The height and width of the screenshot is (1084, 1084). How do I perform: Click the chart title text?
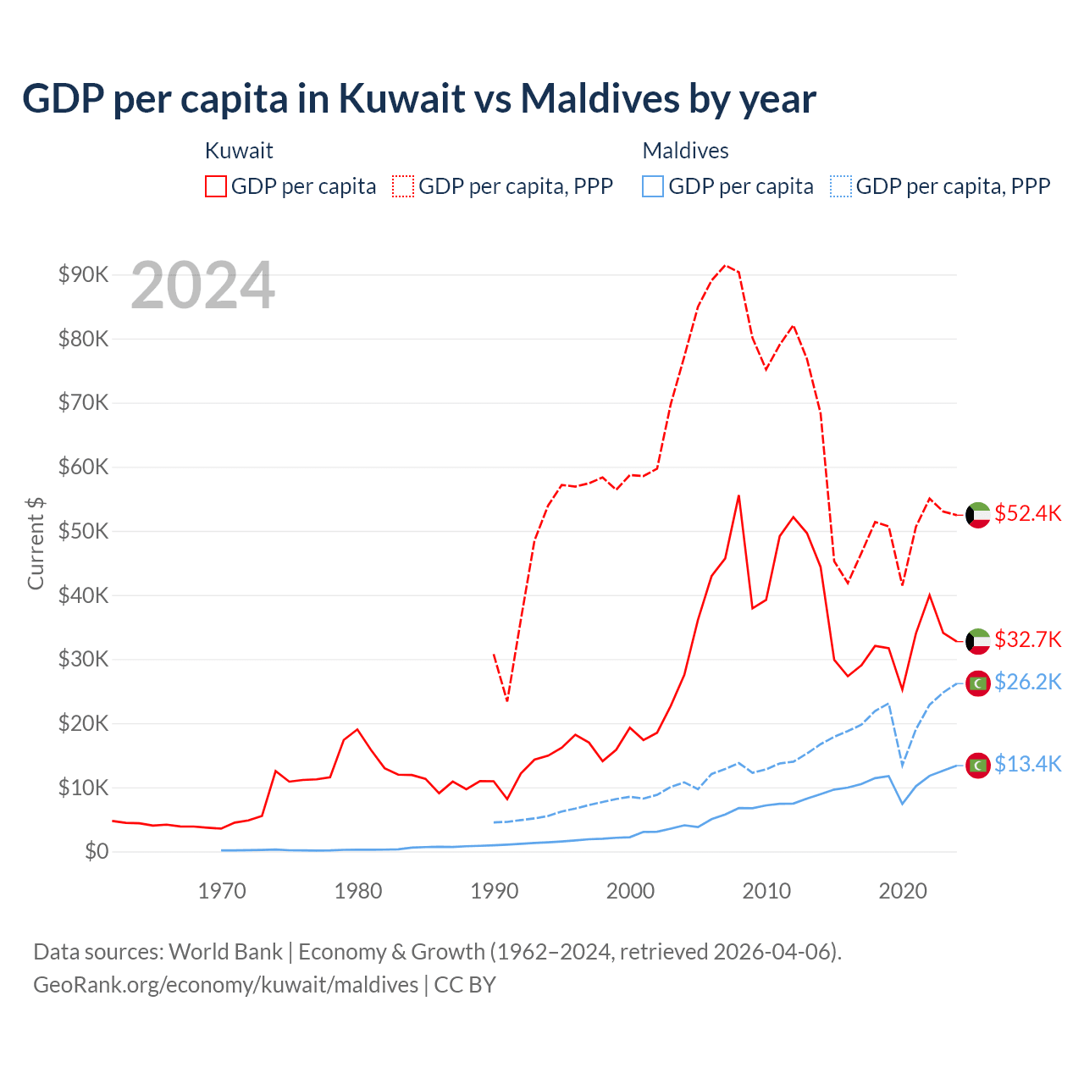pos(419,99)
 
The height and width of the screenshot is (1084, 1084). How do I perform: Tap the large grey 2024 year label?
pos(203,285)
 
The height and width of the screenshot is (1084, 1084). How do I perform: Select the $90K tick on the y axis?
pos(84,274)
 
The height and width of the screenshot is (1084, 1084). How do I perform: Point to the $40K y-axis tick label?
pos(84,595)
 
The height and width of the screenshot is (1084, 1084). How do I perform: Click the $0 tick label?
pos(97,851)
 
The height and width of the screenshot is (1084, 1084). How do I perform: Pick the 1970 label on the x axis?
pos(222,891)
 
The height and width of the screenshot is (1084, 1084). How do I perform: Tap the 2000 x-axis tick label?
pos(630,891)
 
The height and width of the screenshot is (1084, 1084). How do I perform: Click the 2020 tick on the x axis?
pos(903,891)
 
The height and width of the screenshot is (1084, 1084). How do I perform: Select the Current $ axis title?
pos(36,543)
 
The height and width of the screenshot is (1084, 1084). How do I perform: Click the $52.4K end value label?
pos(1027,514)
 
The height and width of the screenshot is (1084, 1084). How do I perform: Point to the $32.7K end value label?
pos(1027,639)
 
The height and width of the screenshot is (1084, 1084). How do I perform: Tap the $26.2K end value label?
pos(1027,682)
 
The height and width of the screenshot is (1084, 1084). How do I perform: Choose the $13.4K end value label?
pos(1027,764)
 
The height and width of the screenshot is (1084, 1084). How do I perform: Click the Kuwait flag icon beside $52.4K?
pos(978,515)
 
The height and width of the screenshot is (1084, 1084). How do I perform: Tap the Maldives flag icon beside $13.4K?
pos(978,765)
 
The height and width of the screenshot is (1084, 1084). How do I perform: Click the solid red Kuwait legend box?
pos(216,186)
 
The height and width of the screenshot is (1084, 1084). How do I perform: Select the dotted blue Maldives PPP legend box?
pos(841,186)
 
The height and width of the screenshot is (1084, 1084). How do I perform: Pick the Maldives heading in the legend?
pos(685,151)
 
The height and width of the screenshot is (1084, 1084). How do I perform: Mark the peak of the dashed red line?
pos(725,265)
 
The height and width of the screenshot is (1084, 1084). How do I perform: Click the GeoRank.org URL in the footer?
pos(225,985)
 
